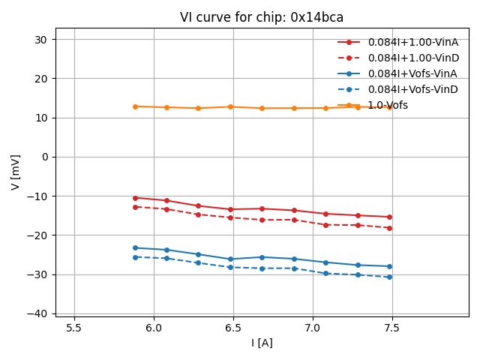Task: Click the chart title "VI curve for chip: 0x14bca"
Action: click(262, 17)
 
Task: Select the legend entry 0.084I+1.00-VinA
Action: click(412, 42)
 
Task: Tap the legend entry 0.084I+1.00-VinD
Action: click(413, 58)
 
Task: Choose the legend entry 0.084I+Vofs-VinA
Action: click(412, 73)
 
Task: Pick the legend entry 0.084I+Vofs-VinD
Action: click(413, 89)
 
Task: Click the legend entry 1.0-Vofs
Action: click(388, 105)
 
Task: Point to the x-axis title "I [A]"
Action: click(262, 343)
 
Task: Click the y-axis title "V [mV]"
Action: click(16, 172)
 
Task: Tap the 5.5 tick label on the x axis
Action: click(74, 328)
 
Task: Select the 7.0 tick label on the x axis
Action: click(313, 328)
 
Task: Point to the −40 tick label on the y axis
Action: click(40, 313)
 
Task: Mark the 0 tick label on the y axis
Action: click(46, 157)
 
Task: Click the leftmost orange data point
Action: click(135, 106)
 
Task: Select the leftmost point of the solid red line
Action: click(135, 198)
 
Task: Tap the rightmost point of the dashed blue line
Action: click(389, 277)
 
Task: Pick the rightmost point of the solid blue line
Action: click(389, 266)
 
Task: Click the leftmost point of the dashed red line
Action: click(135, 207)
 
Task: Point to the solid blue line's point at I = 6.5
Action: click(230, 259)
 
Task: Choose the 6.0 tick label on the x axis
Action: click(154, 328)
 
